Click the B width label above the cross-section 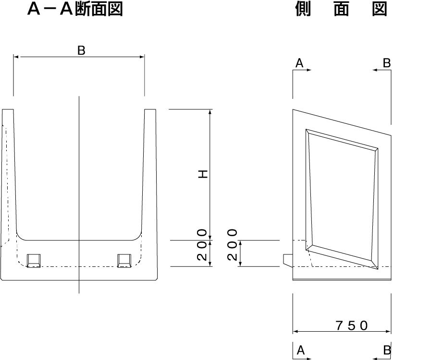pyautogui.click(x=81, y=50)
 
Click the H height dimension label pyautogui.click(x=203, y=174)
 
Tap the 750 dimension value pyautogui.click(x=352, y=325)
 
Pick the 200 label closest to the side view pyautogui.click(x=232, y=245)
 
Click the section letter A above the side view pyautogui.click(x=299, y=63)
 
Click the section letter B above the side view pyautogui.click(x=387, y=63)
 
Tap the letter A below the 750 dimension pyautogui.click(x=301, y=350)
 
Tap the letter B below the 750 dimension pyautogui.click(x=387, y=350)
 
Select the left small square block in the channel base pyautogui.click(x=34, y=261)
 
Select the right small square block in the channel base pyautogui.click(x=124, y=261)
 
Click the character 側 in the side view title pyautogui.click(x=303, y=9)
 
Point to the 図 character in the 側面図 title pyautogui.click(x=380, y=9)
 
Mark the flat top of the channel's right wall pyautogui.click(x=150, y=109)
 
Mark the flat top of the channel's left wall pyautogui.click(x=8, y=109)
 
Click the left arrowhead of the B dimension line pyautogui.click(x=16, y=57)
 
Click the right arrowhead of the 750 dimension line pyautogui.click(x=388, y=332)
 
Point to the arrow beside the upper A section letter pyautogui.click(x=302, y=70)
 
